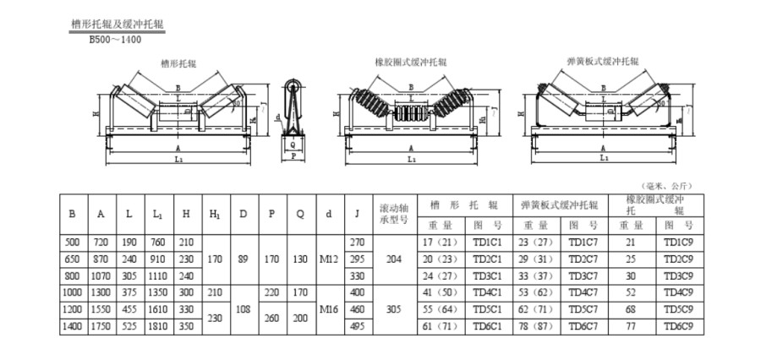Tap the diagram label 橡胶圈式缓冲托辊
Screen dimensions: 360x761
411,63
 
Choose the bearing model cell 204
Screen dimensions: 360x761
393,259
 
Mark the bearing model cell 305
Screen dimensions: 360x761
393,308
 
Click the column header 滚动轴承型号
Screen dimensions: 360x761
393,215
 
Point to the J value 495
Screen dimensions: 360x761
357,325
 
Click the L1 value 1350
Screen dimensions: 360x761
157,292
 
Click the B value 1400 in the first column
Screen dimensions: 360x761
72,325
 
